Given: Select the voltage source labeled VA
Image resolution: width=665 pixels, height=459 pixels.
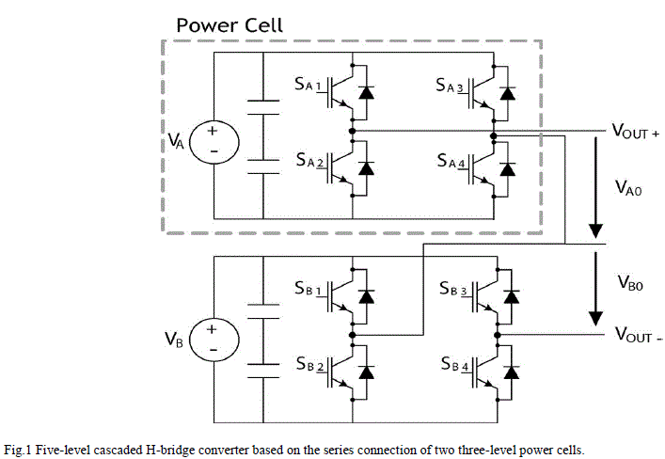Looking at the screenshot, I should pos(212,141).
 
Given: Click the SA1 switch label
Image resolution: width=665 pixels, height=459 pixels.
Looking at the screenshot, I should pos(308,87).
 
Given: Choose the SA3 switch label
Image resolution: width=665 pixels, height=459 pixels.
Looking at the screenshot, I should pos(451,87).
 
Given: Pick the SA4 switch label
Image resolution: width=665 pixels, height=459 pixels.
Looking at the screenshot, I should pos(451,162).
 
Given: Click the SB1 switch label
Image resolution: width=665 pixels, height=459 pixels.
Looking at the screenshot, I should pos(308,289).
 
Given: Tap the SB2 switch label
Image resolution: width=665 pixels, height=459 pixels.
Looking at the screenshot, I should pos(308,363).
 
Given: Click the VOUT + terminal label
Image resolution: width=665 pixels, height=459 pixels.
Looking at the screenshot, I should pos(635,133).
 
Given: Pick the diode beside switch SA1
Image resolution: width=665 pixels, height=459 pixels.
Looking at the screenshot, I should pos(367,93).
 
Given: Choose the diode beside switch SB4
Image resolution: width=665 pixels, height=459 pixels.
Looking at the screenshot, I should pos(509,370).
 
